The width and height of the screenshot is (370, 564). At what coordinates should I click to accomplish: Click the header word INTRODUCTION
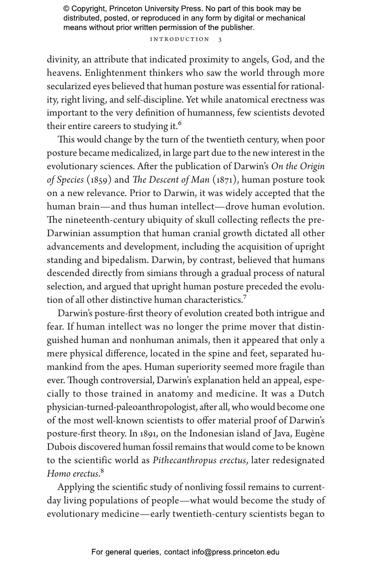click(180, 39)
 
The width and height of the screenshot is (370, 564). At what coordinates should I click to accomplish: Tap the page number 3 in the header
click(220, 39)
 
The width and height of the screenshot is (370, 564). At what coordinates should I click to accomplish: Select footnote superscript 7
click(245, 297)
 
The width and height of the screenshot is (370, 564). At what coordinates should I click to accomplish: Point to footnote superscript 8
click(102, 470)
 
